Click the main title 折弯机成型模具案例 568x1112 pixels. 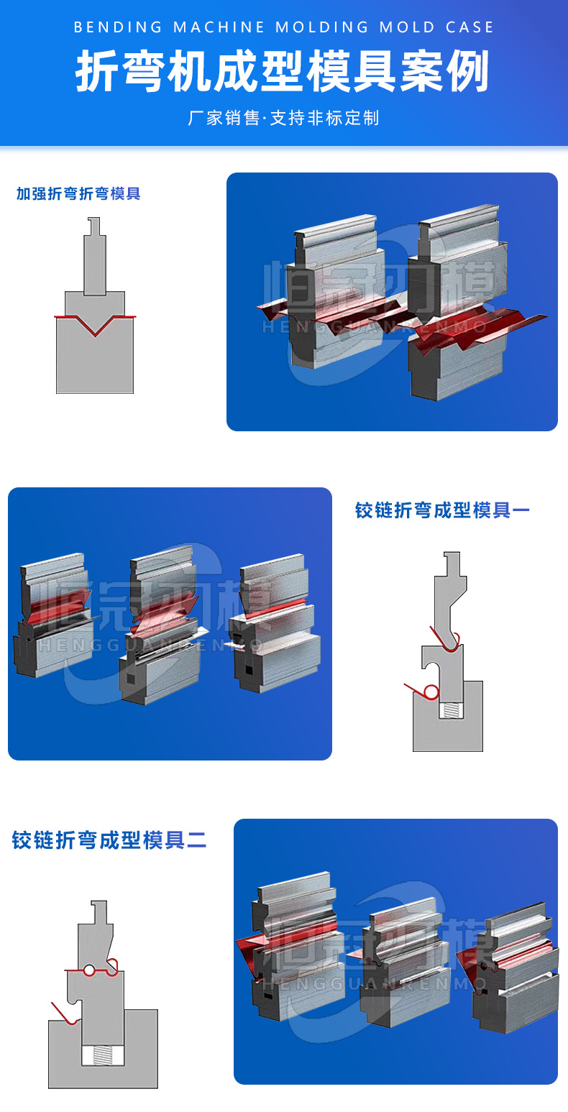[283, 72]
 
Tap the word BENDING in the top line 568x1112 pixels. [119, 27]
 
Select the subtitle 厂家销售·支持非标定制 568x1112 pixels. [283, 118]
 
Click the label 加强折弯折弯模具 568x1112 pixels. [78, 193]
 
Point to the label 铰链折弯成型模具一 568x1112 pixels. [442, 510]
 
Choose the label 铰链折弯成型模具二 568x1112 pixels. [109, 840]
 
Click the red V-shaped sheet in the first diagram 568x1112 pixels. [95, 326]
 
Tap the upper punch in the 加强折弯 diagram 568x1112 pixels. [95, 266]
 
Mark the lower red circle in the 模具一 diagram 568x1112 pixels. [431, 691]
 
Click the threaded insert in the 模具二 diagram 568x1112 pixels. [103, 1055]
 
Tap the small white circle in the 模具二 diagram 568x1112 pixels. [89, 970]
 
